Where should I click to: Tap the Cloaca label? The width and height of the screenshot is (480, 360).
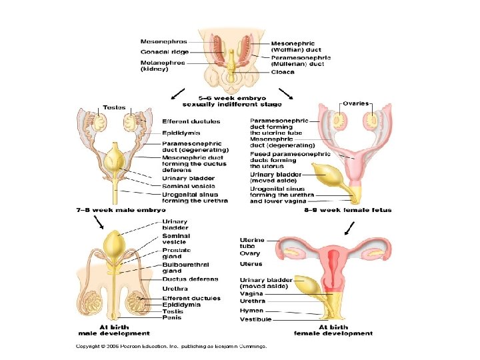(283, 72)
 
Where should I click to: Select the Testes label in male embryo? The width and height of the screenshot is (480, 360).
(115, 107)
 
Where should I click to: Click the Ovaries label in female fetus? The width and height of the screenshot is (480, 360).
(355, 103)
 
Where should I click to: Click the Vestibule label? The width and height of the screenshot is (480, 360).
(255, 319)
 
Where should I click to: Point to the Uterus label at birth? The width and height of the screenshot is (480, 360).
(251, 263)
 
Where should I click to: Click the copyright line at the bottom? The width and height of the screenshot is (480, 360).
(171, 347)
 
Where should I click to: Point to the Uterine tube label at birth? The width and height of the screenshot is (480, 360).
(252, 243)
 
